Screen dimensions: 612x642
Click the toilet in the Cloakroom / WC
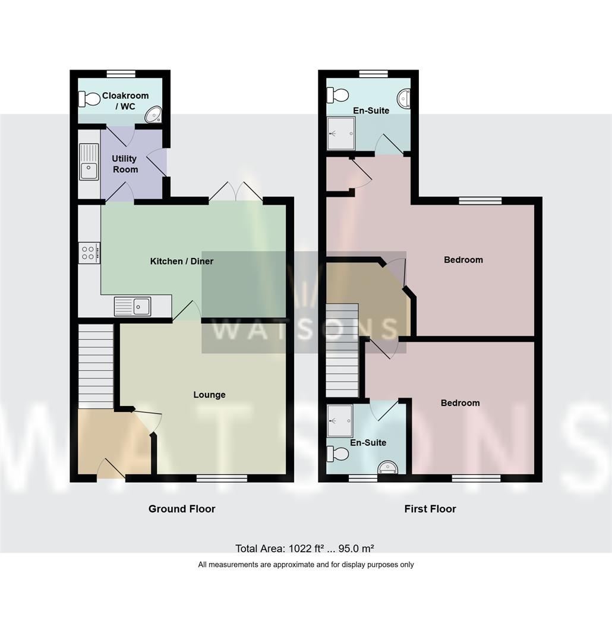89,99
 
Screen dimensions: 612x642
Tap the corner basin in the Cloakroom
153,115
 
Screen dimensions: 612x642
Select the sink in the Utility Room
89,162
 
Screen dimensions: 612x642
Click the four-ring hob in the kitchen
89,253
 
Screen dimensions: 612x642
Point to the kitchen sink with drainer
133,306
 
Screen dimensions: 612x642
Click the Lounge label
209,395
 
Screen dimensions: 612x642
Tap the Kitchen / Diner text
182,261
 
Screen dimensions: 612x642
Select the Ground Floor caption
182,509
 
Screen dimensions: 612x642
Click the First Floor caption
430,509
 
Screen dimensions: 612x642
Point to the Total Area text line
305,548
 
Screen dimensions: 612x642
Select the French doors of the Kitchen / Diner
236,191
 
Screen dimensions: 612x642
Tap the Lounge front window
222,478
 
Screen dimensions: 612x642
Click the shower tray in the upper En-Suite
341,133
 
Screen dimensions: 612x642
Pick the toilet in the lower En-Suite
337,454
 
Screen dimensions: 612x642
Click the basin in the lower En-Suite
387,467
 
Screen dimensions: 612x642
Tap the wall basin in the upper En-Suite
403,99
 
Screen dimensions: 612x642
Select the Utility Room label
125,164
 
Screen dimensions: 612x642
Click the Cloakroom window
121,74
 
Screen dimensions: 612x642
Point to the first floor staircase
342,351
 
